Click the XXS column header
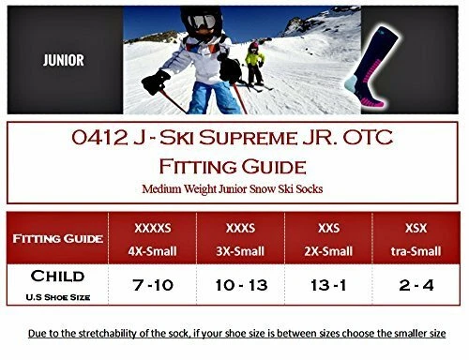tap(338, 228)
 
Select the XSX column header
tap(418, 228)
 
